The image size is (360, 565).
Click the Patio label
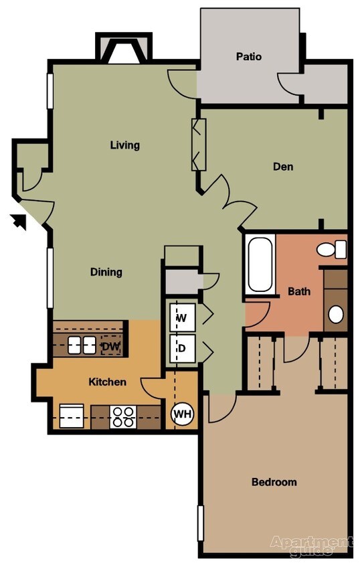point(248,57)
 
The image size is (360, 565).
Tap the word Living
point(125,145)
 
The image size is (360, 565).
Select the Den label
point(283,167)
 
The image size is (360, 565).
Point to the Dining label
point(106,272)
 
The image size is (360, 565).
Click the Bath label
point(298,291)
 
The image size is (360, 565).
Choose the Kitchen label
point(108,382)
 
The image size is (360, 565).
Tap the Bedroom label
point(274,482)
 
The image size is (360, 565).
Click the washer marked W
point(181,317)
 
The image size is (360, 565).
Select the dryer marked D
point(181,348)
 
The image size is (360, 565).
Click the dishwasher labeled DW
point(110,346)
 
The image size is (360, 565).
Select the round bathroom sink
point(336,314)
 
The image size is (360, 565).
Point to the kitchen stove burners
point(122,416)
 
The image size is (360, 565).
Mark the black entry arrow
point(21,220)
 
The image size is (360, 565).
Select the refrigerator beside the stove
point(72,416)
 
